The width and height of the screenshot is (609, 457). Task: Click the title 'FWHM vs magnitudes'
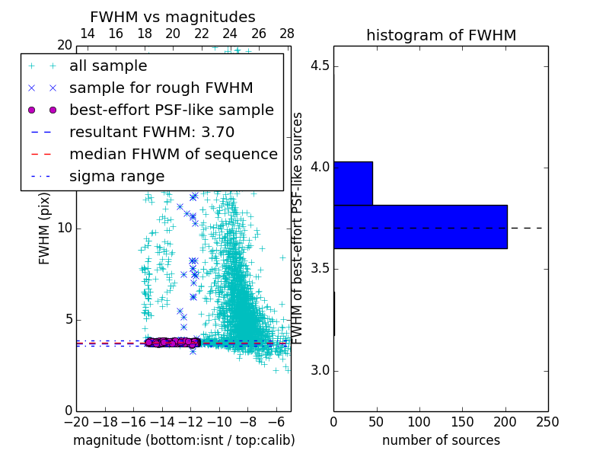click(173, 18)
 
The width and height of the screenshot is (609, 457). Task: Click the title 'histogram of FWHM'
click(441, 36)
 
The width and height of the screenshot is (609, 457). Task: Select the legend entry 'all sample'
click(108, 66)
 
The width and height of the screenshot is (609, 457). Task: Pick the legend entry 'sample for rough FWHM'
click(161, 88)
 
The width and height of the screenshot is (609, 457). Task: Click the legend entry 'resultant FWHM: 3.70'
click(151, 132)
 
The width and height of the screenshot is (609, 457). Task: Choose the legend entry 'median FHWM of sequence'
click(173, 154)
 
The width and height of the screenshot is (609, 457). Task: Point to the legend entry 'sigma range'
click(116, 176)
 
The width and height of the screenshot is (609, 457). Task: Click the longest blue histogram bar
click(420, 226)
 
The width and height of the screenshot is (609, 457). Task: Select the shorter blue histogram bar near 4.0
click(352, 184)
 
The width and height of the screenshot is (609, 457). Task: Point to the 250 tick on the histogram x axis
click(547, 421)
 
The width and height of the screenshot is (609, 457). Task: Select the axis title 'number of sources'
click(441, 440)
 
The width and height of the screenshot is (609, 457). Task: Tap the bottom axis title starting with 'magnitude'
click(183, 440)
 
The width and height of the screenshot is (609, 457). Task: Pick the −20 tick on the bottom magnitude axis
click(76, 421)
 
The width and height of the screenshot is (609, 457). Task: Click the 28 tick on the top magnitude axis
click(287, 34)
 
